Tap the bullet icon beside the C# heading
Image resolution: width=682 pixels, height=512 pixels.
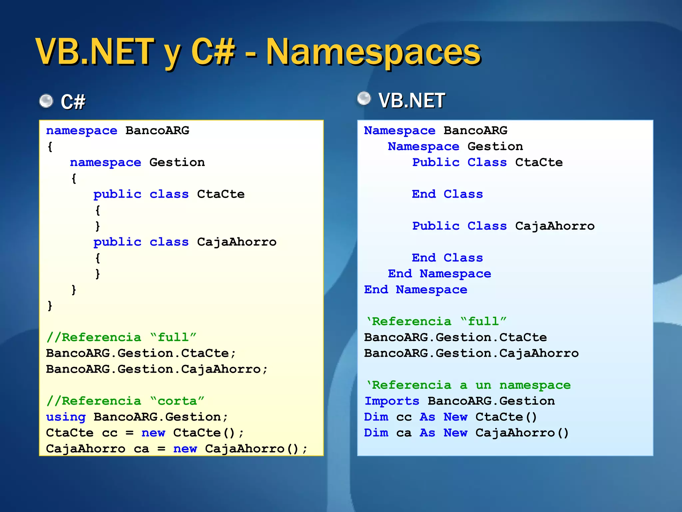pos(46,101)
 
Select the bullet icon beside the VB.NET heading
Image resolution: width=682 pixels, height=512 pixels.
pos(364,99)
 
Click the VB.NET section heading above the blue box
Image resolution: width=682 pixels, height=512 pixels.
pos(412,100)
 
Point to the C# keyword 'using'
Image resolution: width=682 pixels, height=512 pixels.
pos(66,417)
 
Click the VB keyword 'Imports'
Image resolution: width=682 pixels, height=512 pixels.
pos(392,401)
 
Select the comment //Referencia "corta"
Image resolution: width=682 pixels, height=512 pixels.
pos(125,401)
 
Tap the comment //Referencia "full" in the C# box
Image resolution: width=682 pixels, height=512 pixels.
pos(121,337)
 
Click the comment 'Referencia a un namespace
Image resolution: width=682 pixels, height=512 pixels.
pos(468,385)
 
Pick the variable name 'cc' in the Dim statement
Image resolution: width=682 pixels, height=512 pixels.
pos(404,417)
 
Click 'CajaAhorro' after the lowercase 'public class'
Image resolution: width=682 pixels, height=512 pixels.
pos(236,242)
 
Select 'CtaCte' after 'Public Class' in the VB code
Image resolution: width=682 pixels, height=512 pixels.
pos(539,162)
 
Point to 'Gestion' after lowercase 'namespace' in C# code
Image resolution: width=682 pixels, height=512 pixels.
pos(177,162)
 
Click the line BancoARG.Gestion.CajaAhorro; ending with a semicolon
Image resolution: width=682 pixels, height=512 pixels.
pos(157,369)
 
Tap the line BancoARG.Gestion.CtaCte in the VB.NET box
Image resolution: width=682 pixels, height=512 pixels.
pos(455,337)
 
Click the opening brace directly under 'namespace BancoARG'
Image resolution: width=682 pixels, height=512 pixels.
pos(50,147)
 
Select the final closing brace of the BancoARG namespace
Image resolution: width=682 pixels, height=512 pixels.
pos(50,305)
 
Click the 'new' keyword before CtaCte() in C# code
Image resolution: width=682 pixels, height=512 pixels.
pos(153,433)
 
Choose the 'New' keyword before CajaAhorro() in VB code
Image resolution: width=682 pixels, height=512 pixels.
pos(455,433)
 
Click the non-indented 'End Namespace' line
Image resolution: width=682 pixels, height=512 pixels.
pos(416,290)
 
